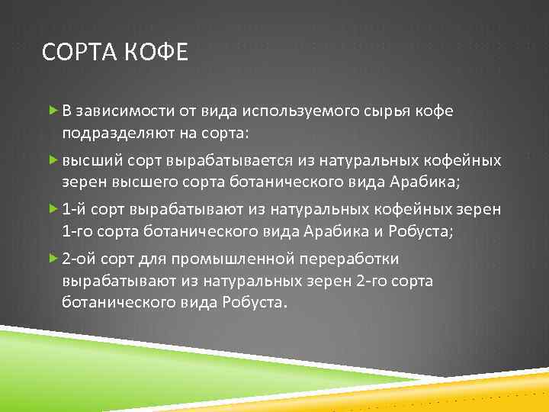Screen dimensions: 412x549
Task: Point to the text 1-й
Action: pyautogui.click(x=73, y=210)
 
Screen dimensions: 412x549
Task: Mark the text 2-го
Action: pyautogui.click(x=371, y=281)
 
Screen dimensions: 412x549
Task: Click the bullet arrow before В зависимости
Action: pyautogui.click(x=53, y=111)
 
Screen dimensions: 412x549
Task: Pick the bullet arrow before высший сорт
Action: pyautogui.click(x=53, y=160)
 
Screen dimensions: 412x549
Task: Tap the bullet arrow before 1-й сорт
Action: pyautogui.click(x=53, y=209)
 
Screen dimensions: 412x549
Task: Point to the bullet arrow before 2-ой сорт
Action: pyautogui.click(x=53, y=259)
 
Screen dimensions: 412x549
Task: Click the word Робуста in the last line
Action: pyautogui.click(x=258, y=302)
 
